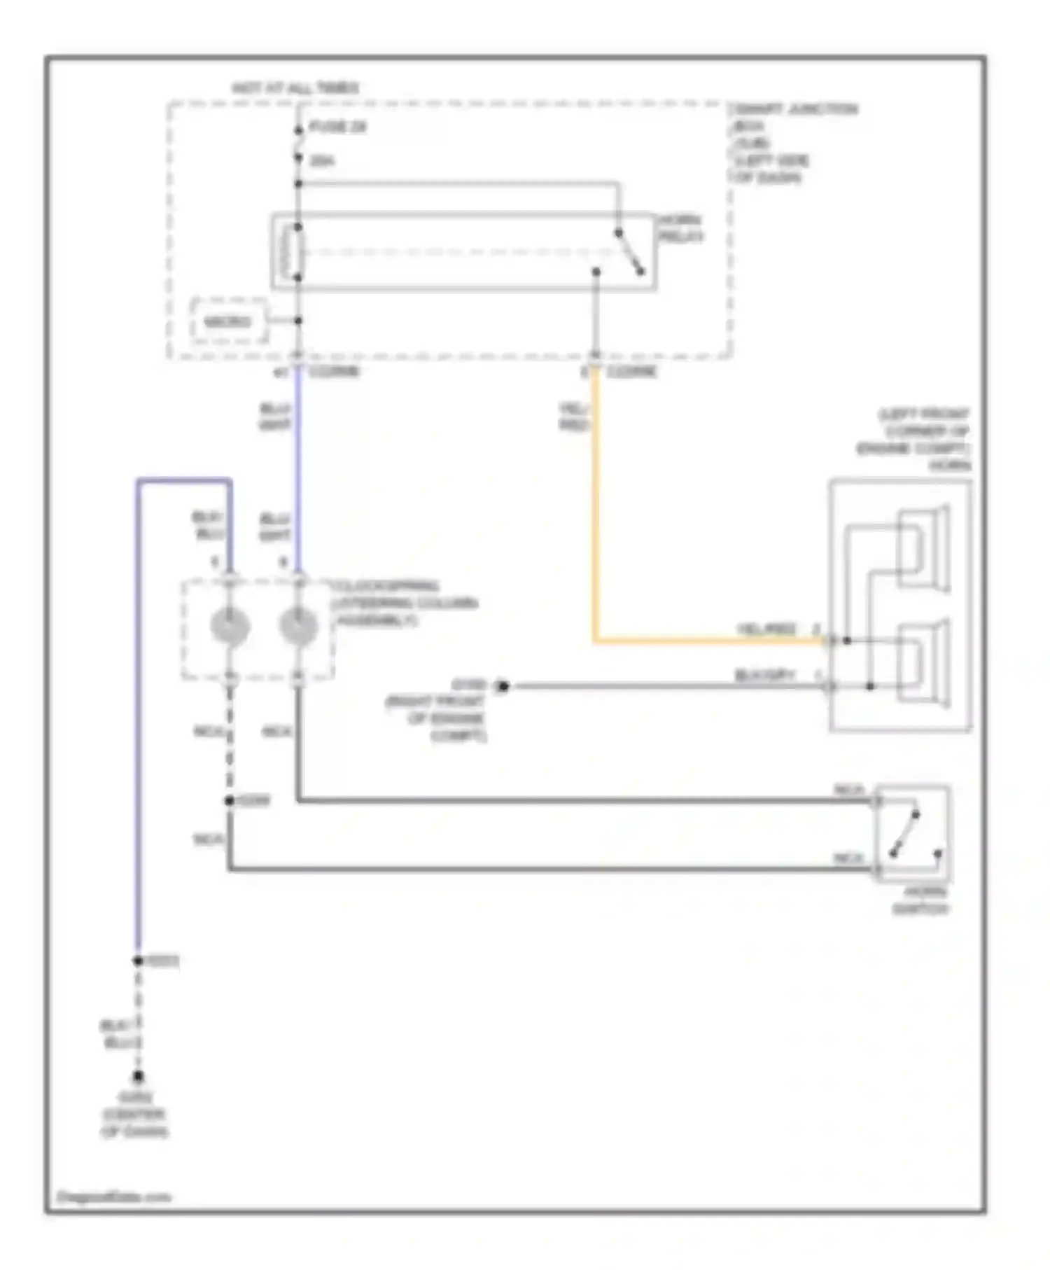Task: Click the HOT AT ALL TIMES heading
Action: click(295, 88)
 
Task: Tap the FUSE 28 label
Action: click(338, 127)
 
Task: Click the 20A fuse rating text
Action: click(321, 161)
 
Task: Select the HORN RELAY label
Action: click(680, 228)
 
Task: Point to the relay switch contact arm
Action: click(629, 253)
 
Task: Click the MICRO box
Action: click(228, 321)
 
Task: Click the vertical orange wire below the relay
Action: click(595, 504)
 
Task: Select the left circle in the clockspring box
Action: click(230, 626)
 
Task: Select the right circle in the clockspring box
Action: click(298, 626)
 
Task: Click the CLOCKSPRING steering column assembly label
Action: click(404, 603)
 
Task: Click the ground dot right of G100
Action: click(502, 686)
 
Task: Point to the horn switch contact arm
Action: click(904, 834)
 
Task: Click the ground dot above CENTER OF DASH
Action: click(139, 1076)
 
